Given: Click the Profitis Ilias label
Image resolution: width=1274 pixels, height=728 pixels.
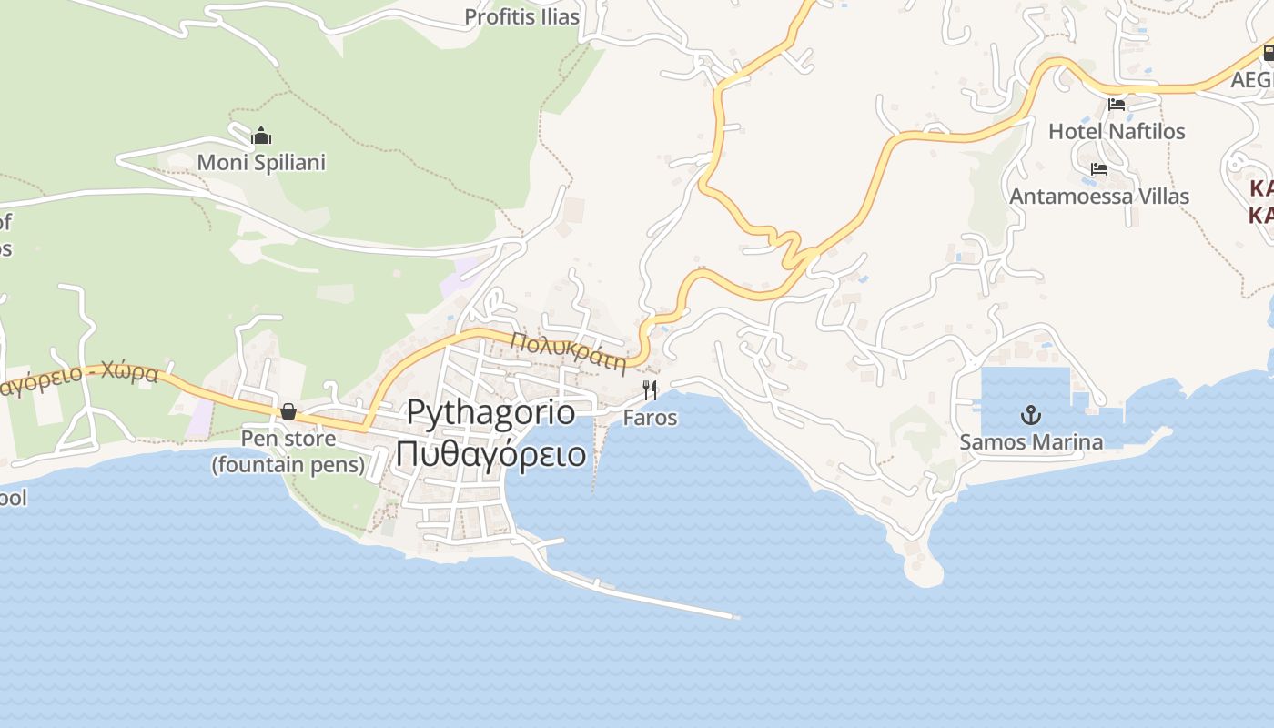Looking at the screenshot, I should [521, 16].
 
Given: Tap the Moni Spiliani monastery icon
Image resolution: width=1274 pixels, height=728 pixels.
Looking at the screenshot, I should [262, 136].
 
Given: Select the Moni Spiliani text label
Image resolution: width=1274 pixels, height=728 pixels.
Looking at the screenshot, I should [261, 163].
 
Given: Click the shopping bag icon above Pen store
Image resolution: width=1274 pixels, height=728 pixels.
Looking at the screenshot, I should [288, 411].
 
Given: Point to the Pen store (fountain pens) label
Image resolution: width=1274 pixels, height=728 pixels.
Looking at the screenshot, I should [288, 452].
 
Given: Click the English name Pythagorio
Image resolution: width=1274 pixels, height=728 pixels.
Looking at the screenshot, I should [490, 412].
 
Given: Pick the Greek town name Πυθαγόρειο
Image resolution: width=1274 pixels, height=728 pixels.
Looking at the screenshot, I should [490, 452].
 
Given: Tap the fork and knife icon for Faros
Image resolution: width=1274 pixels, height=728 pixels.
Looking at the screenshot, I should [650, 390].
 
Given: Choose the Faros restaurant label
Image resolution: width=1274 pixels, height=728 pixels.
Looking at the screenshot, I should [650, 418].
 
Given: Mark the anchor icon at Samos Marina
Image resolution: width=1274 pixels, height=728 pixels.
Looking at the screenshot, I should [1031, 416].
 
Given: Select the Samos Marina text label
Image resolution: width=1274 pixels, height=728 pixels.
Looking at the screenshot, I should [1031, 442].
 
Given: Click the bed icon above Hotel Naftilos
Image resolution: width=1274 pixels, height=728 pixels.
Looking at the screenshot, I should [1117, 105].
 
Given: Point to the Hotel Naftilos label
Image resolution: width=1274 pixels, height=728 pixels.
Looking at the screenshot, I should [1117, 131].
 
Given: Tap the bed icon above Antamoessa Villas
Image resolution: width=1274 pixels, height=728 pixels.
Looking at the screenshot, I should [1099, 169].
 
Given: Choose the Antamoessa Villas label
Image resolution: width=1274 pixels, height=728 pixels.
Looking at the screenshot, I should [1099, 196].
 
